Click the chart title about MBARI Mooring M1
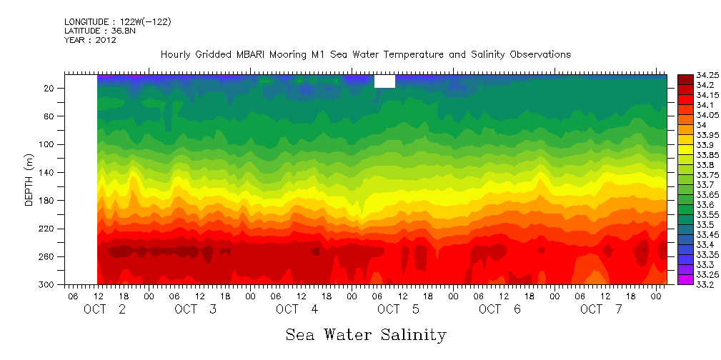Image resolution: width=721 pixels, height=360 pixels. click(366, 54)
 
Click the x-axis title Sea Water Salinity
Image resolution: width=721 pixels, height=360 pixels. click(366, 334)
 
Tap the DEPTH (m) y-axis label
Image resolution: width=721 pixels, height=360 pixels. click(29, 179)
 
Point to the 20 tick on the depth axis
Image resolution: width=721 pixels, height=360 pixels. click(50, 88)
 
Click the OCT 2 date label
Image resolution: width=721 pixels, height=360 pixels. click(105, 309)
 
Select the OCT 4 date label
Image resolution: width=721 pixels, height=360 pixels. click(287, 309)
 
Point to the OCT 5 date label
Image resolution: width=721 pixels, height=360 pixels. click(389, 309)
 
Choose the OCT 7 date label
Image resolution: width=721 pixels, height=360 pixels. click(592, 309)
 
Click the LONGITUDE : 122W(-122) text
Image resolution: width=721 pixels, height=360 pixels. click(117, 22)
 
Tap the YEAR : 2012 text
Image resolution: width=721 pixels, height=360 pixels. click(90, 40)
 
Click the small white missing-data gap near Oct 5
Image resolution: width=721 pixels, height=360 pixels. click(384, 81)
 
